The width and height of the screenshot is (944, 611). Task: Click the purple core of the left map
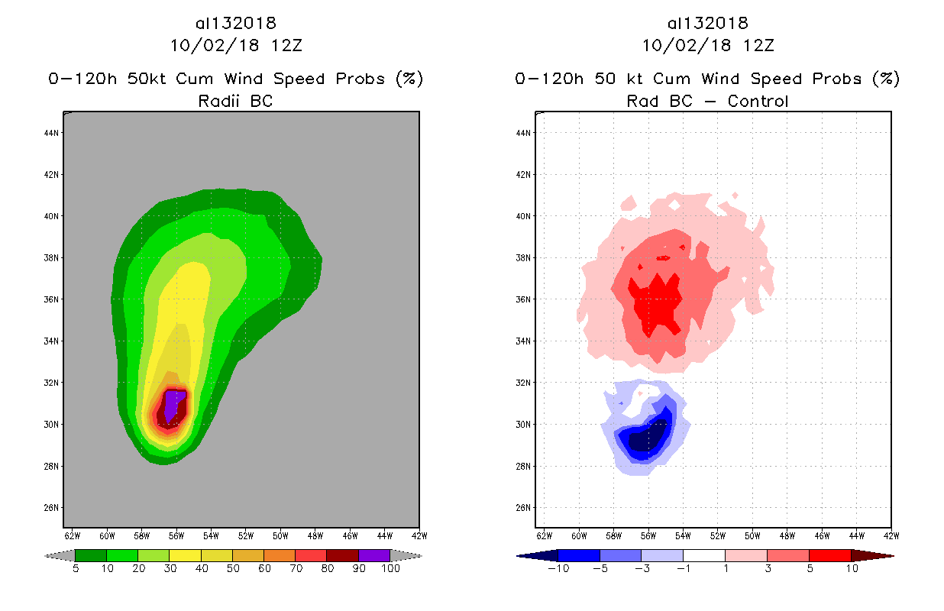175,402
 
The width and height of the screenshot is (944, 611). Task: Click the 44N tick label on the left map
52,133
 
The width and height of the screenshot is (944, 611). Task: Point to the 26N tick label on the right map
524,508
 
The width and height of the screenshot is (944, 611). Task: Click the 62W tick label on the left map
73,535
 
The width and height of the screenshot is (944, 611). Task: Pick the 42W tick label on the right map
891,535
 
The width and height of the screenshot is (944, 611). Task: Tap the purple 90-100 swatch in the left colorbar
374,555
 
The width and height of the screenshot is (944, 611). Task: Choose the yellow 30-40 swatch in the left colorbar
185,555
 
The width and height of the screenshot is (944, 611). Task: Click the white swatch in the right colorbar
703,555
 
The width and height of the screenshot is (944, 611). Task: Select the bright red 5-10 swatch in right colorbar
829,555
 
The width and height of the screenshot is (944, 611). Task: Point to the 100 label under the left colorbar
390,569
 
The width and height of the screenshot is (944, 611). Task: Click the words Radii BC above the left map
235,101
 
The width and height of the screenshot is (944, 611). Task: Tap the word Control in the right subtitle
758,101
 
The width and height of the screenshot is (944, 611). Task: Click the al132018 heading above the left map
235,24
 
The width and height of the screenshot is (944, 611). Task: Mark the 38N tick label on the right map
524,258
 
